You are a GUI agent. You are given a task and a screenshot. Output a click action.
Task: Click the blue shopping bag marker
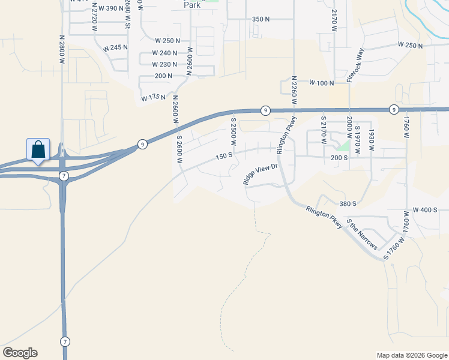38,149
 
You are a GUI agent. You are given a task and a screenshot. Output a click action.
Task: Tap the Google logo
20,353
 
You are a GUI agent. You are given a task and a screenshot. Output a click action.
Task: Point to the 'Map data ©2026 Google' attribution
412,355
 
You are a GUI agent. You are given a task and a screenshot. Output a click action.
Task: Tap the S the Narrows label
362,236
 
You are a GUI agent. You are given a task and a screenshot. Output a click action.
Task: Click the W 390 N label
109,8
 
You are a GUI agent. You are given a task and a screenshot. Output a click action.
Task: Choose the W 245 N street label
116,48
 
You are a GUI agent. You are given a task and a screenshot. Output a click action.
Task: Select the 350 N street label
261,19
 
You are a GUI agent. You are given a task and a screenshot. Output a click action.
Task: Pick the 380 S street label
348,203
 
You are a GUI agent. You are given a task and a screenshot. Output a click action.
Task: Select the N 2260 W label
294,90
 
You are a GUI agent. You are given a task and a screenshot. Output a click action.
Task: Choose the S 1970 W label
357,140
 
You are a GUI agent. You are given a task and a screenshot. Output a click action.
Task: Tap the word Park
191,5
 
